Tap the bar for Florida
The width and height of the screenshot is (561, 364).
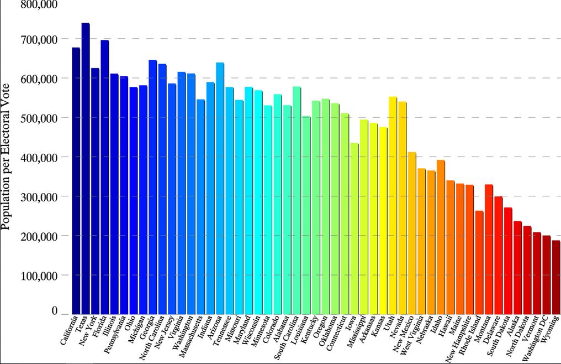[x=104, y=177]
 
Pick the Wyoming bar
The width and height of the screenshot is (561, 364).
[x=555, y=277]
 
